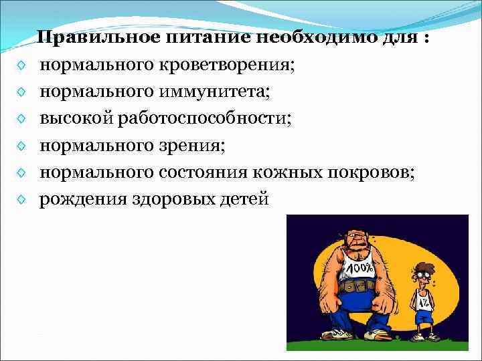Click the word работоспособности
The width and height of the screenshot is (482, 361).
201,118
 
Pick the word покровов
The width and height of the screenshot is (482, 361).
372,172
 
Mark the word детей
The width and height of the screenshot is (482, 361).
242,198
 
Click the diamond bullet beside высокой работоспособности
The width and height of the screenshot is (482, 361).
23,119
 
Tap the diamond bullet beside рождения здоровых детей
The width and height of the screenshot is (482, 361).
23,199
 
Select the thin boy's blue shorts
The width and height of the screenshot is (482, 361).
422,315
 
